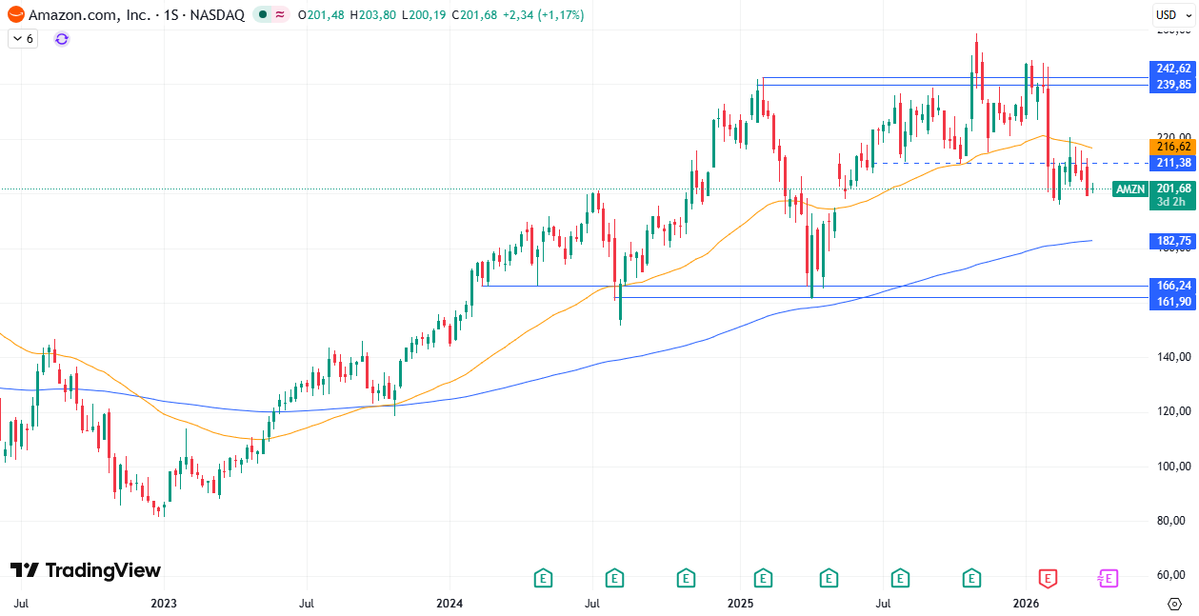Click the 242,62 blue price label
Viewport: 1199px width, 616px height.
click(x=1172, y=69)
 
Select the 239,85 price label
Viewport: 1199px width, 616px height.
click(x=1172, y=85)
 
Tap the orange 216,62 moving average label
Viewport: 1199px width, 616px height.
click(x=1172, y=147)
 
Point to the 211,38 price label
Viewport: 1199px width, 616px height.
click(x=1172, y=163)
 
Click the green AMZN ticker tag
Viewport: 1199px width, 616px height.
click(x=1130, y=189)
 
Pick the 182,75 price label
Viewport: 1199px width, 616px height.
click(x=1172, y=242)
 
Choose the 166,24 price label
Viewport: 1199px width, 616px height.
click(x=1172, y=286)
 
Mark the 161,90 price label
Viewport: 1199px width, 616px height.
click(x=1172, y=302)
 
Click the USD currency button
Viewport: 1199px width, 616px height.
click(x=1167, y=14)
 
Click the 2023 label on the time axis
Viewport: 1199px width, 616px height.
click(x=164, y=603)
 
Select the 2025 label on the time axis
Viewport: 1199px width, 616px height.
click(x=740, y=603)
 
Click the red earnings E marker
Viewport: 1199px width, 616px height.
click(x=1048, y=577)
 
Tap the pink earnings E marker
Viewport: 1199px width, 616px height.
click(x=1107, y=577)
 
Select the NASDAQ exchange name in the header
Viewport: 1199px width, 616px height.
click(x=219, y=15)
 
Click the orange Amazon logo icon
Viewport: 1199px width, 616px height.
click(x=15, y=15)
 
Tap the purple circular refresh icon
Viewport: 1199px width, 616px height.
click(x=62, y=39)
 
